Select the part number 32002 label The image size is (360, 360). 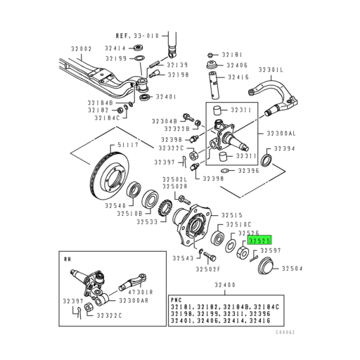(82, 49)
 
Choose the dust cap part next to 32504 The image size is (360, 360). (266, 268)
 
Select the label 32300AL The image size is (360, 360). (282, 133)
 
